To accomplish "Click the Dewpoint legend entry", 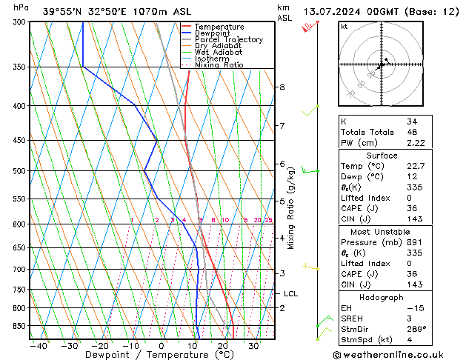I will [209, 33].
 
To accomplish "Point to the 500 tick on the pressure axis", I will [17, 171].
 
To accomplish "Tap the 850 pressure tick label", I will [17, 326].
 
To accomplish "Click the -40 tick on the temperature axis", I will [39, 346].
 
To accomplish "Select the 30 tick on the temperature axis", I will [253, 346].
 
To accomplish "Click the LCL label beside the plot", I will [290, 294].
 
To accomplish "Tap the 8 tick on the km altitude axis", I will [282, 87].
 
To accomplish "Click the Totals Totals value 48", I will [412, 132].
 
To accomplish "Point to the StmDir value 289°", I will [416, 329].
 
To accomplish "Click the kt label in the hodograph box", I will [344, 26].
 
